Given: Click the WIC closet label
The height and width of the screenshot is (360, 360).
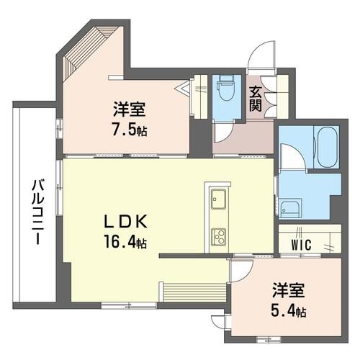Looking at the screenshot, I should coord(302,244).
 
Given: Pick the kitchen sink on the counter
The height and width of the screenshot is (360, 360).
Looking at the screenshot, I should coord(217,199).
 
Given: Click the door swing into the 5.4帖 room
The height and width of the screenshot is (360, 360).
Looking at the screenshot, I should coord(241,270).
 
